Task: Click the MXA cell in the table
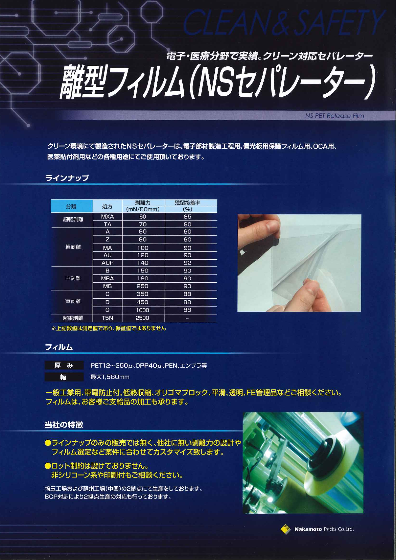(x=107, y=217)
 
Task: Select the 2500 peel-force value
(x=142, y=318)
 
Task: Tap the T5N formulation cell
(x=107, y=318)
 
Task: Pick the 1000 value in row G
(x=142, y=310)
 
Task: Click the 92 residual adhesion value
(x=187, y=263)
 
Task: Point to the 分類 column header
(x=71, y=206)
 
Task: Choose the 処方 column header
(x=107, y=206)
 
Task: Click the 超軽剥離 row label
(x=73, y=220)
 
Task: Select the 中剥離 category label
(x=73, y=278)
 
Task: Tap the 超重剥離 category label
(x=73, y=318)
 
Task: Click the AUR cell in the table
(x=107, y=263)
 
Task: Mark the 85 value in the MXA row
(x=187, y=217)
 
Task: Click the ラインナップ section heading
(x=67, y=178)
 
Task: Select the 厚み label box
(x=64, y=366)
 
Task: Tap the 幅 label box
(x=64, y=377)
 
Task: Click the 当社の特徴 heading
(x=64, y=425)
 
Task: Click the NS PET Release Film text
(x=334, y=116)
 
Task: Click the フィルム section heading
(x=59, y=347)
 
